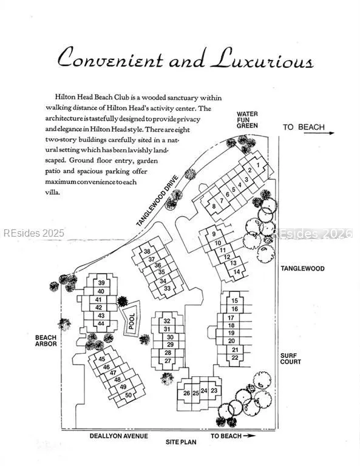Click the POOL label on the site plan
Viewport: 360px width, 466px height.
[x=131, y=321]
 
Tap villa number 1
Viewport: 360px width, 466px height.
[x=258, y=164]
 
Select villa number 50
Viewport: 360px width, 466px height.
[x=128, y=395]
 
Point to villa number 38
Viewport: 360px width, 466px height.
[x=147, y=251]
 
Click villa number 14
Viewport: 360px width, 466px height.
[x=237, y=272]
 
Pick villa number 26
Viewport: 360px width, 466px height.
[x=186, y=393]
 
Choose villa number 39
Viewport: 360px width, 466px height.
[x=101, y=283]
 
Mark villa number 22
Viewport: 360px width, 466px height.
[x=235, y=357]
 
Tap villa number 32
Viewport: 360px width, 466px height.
[x=167, y=321]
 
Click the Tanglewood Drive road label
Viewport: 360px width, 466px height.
[x=158, y=201]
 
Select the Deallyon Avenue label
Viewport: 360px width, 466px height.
[x=118, y=436]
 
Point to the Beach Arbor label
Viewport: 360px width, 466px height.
[x=46, y=340]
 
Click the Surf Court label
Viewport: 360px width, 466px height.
[x=290, y=359]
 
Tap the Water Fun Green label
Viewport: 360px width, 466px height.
[x=247, y=120]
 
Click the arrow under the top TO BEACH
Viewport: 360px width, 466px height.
[x=319, y=133]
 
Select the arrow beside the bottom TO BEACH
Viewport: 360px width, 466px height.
[x=249, y=436]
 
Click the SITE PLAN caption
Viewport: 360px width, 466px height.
[x=181, y=442]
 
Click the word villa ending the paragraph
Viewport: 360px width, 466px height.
[x=53, y=192]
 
